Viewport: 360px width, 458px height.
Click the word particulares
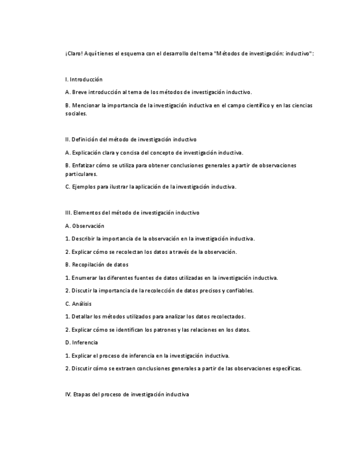(81, 174)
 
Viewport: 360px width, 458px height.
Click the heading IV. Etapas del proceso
(126, 395)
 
